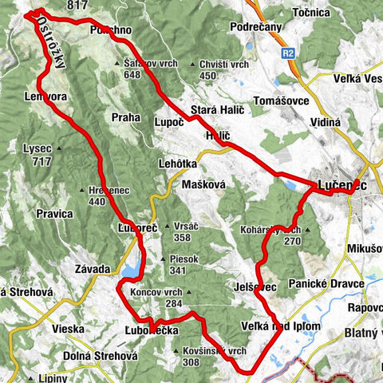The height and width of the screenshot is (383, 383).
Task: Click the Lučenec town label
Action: pos(343,185)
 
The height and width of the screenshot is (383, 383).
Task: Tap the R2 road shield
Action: pos(288,54)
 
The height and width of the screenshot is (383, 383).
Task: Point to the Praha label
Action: pos(125,117)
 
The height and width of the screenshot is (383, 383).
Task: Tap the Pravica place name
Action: pos(54,213)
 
